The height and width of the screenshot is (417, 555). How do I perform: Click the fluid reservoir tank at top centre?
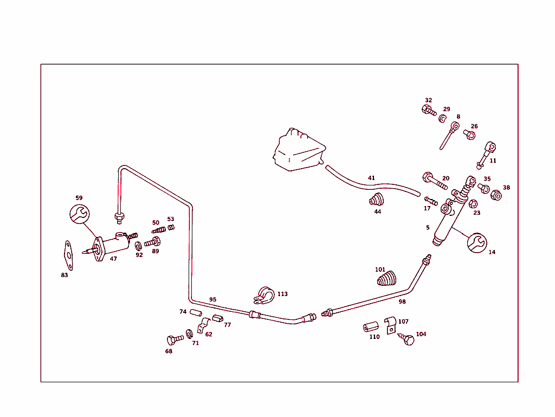pyautogui.click(x=299, y=150)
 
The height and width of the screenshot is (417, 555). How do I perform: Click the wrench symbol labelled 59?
pyautogui.click(x=79, y=214)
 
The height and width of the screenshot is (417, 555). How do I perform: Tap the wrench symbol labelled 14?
pyautogui.click(x=477, y=243)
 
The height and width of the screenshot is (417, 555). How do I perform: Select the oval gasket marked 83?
pyautogui.click(x=68, y=255)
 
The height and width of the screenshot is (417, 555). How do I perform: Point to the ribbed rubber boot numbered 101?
pyautogui.click(x=386, y=278)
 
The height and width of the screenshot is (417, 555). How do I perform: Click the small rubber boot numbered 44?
pyautogui.click(x=376, y=200)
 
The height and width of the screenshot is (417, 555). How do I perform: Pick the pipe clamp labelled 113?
pyautogui.click(x=264, y=295)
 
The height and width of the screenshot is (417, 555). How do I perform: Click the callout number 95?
pyautogui.click(x=212, y=299)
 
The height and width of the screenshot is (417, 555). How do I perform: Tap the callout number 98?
pyautogui.click(x=402, y=301)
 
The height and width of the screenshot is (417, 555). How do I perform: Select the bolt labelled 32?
pyautogui.click(x=429, y=110)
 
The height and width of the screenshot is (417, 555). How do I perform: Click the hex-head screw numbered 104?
pyautogui.click(x=406, y=339)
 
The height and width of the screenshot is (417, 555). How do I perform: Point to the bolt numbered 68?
pyautogui.click(x=175, y=340)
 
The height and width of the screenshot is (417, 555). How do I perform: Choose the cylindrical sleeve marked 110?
pyautogui.click(x=371, y=327)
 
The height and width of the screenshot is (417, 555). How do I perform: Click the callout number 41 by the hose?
pyautogui.click(x=371, y=178)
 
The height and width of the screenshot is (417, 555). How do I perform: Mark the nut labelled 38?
pyautogui.click(x=496, y=195)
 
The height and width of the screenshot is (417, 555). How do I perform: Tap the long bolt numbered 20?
pyautogui.click(x=434, y=181)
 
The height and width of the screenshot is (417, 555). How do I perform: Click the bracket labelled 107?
pyautogui.click(x=390, y=325)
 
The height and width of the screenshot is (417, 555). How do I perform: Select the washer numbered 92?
pyautogui.click(x=138, y=245)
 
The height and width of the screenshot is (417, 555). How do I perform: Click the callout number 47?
pyautogui.click(x=113, y=259)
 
